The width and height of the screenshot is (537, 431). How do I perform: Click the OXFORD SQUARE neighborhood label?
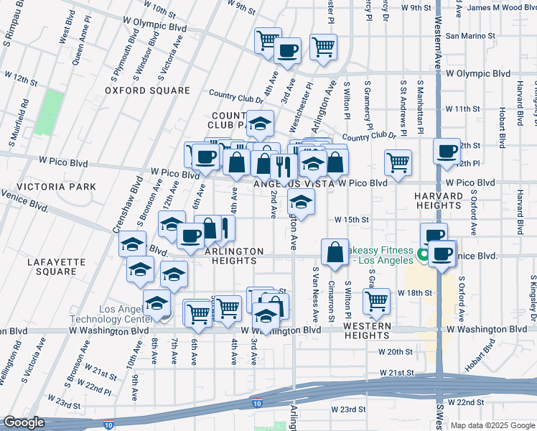click(x=147, y=91)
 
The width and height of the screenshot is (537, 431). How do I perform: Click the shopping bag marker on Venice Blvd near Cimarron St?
click(x=335, y=252)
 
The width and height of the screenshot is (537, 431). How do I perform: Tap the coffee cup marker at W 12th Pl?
click(x=447, y=151)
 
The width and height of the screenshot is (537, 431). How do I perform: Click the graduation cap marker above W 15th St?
click(x=301, y=202)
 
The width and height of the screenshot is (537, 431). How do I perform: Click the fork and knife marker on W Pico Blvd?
click(x=284, y=167)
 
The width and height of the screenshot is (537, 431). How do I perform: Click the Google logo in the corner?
click(x=24, y=423)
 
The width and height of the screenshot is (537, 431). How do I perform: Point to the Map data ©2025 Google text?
click(x=491, y=425)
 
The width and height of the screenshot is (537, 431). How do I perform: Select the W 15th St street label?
click(x=351, y=220)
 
